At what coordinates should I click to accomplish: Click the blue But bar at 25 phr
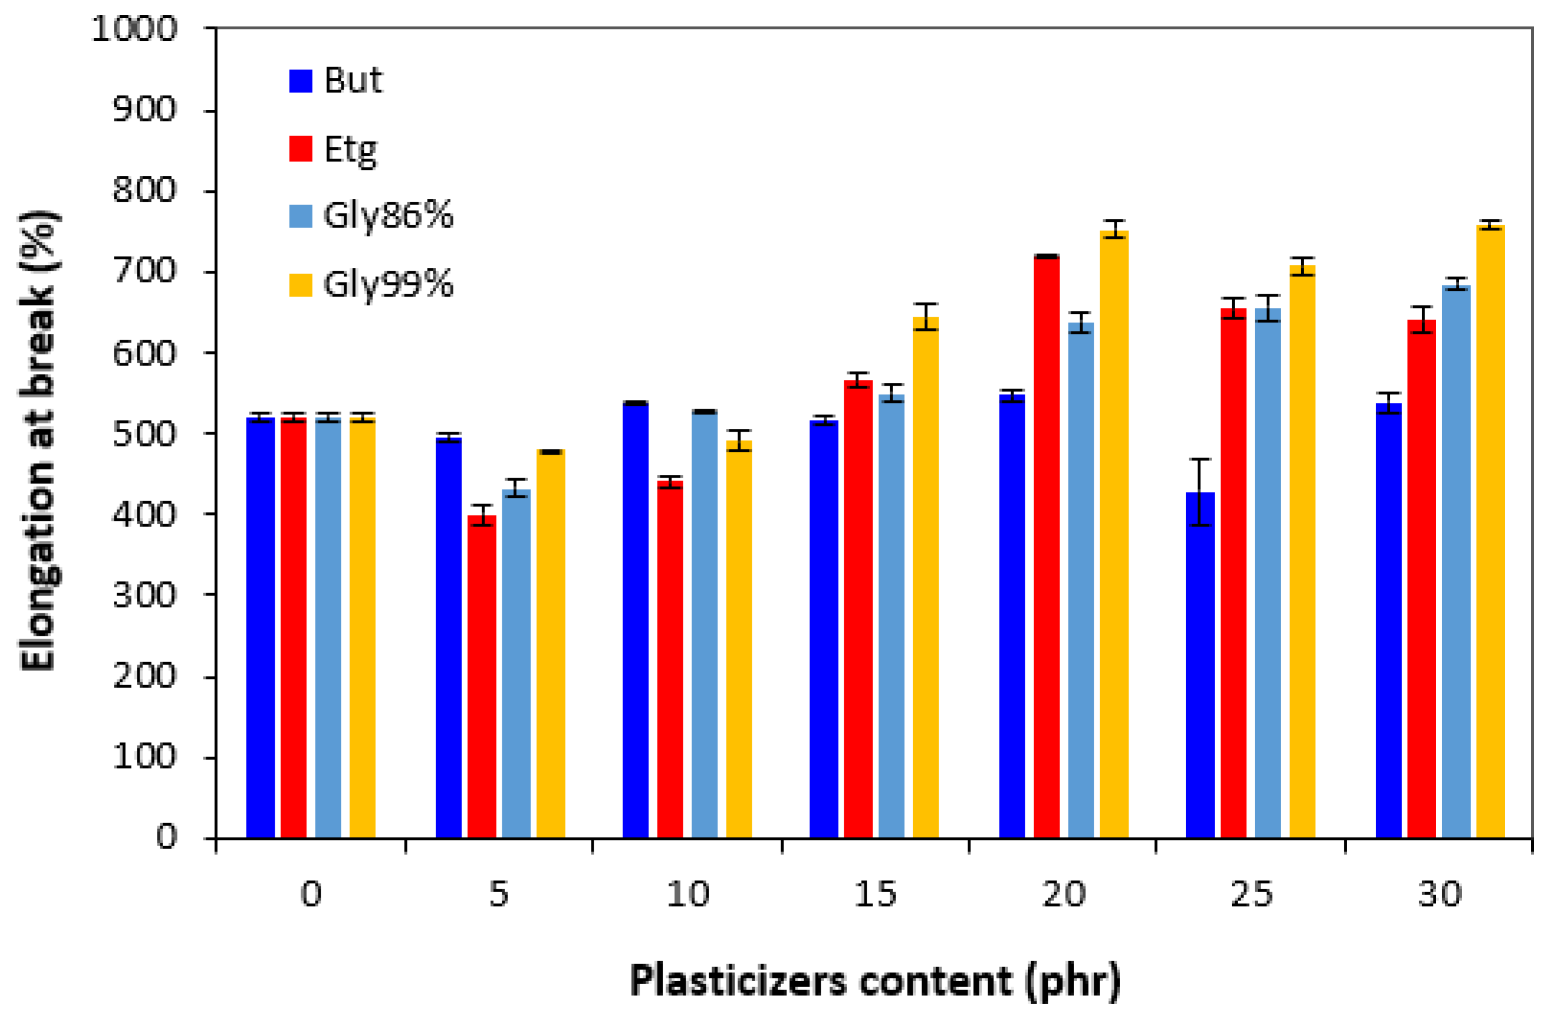[x=1199, y=664]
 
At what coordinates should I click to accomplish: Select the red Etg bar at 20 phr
[x=1046, y=547]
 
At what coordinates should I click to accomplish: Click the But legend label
[x=353, y=80]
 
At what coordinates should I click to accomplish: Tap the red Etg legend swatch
[x=300, y=149]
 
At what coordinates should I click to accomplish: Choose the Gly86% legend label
[x=388, y=216]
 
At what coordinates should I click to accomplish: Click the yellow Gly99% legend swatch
[x=300, y=285]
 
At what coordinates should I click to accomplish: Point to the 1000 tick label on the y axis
[x=134, y=29]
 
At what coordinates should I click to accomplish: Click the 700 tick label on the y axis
[x=145, y=271]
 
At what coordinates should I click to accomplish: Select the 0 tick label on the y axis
[x=167, y=837]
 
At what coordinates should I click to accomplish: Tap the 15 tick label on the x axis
[x=875, y=894]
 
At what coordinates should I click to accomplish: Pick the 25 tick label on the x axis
[x=1251, y=894]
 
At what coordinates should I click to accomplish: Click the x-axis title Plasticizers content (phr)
[x=875, y=980]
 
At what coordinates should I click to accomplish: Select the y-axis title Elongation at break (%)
[x=39, y=440]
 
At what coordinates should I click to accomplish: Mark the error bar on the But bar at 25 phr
[x=1199, y=491]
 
